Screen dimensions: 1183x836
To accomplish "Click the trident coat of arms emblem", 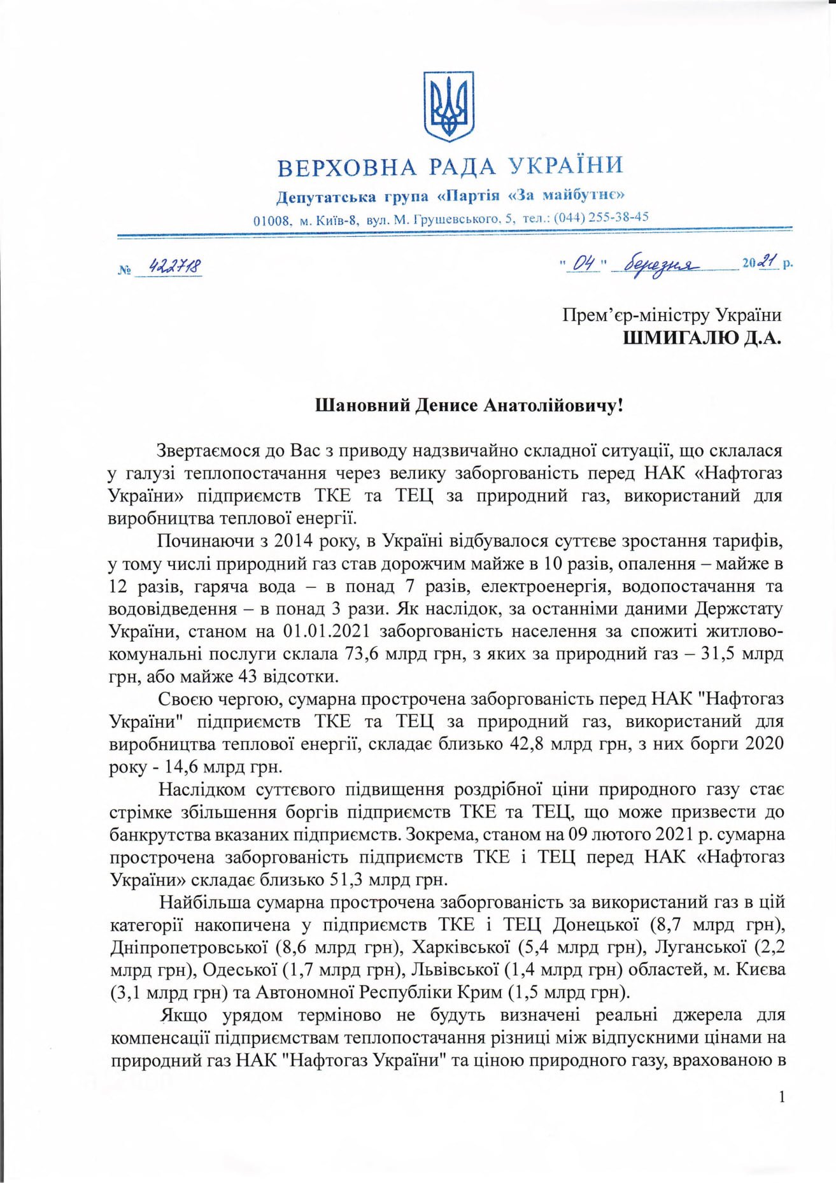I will [x=450, y=106].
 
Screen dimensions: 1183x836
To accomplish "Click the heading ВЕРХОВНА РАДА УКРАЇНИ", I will [x=450, y=167].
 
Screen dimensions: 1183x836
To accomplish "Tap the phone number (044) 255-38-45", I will [x=602, y=216].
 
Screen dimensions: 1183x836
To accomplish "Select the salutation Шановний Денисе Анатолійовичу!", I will [x=469, y=405].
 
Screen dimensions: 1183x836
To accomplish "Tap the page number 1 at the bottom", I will [x=783, y=1097].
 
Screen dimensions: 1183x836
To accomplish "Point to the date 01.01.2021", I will [x=326, y=631].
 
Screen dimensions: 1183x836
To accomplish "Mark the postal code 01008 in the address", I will [x=272, y=221].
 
